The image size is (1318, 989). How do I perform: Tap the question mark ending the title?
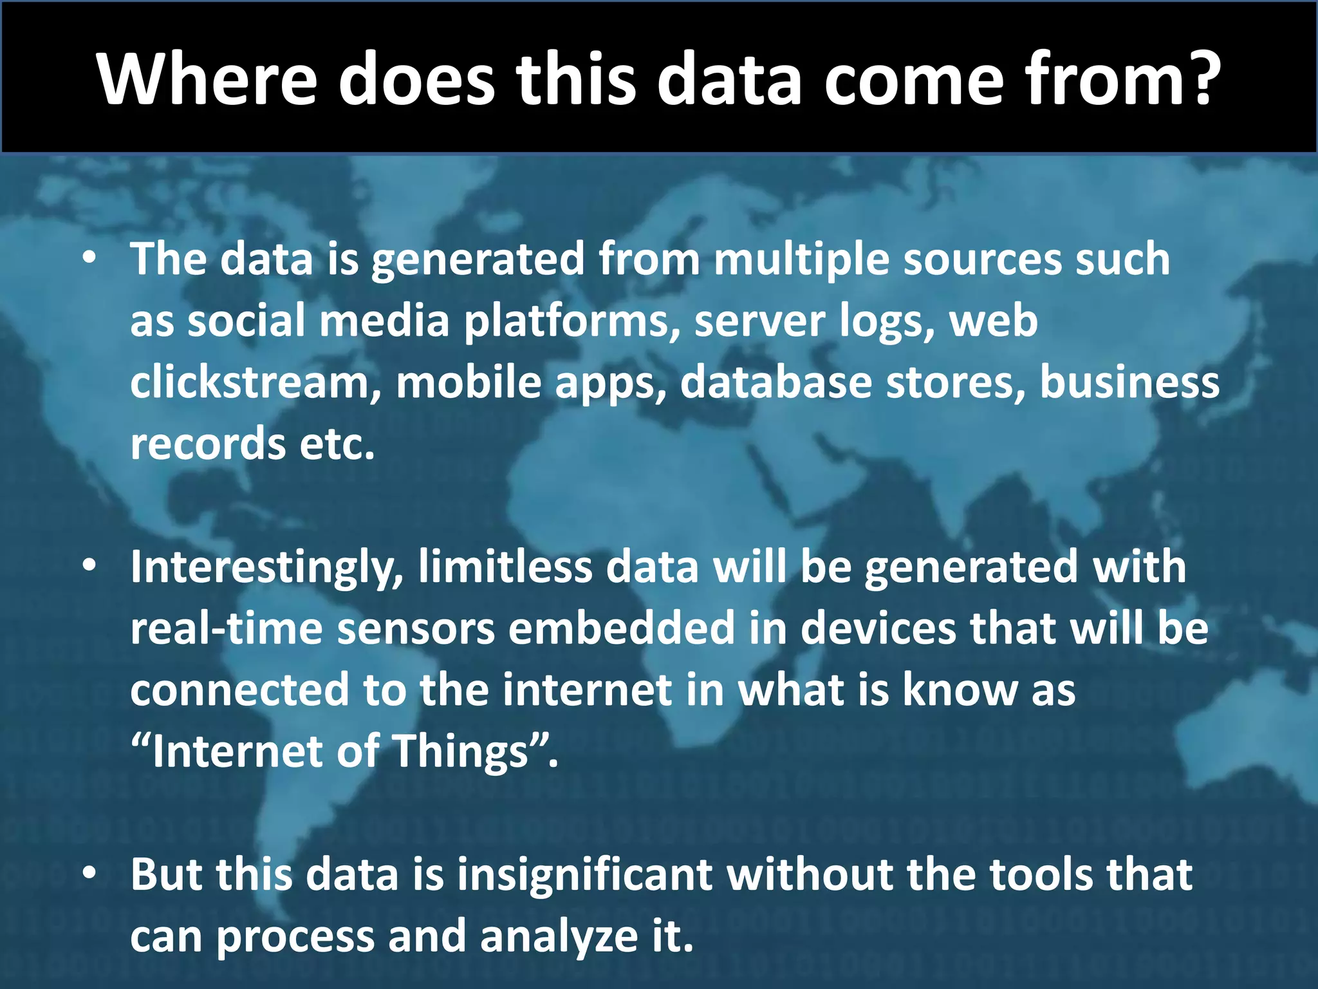point(1195,77)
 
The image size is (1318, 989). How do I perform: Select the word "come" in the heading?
point(914,80)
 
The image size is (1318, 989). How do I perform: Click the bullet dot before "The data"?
point(89,258)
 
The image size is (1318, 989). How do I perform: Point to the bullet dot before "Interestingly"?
point(89,566)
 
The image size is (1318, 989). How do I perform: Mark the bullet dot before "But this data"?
point(89,874)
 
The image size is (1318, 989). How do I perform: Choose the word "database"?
point(775,382)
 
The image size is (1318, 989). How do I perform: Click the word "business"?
point(1129,382)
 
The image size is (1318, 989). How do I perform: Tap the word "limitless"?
point(505,567)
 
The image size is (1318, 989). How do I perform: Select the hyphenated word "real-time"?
point(226,628)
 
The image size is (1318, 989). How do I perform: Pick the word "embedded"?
point(621,628)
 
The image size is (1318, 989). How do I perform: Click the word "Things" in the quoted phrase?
point(461,752)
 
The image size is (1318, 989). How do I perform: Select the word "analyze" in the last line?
point(559,937)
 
